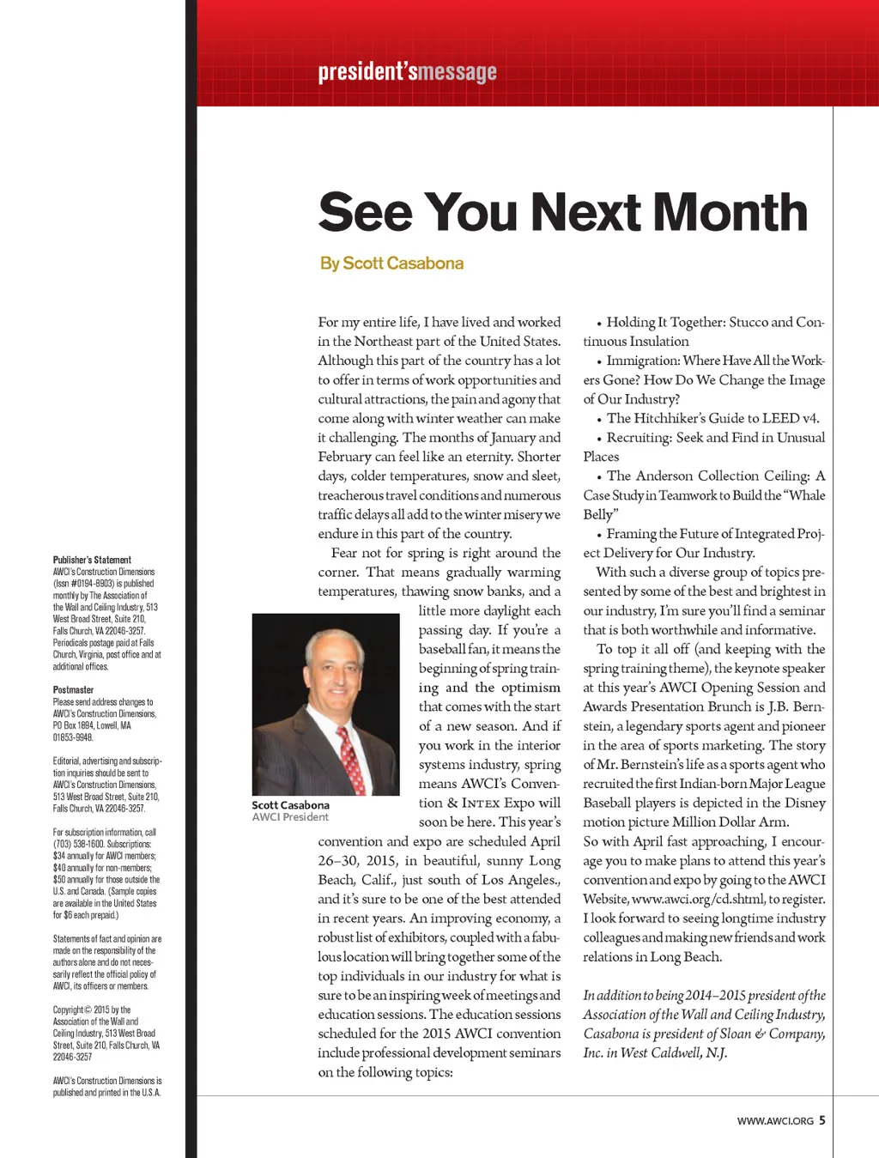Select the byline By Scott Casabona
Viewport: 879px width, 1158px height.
point(391,264)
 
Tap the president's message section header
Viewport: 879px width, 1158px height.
point(407,71)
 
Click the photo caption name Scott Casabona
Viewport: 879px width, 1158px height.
point(290,805)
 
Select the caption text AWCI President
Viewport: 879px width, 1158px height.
point(290,817)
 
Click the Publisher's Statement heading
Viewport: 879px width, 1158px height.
point(92,560)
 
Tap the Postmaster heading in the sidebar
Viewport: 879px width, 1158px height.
point(73,689)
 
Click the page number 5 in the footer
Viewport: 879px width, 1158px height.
point(821,1120)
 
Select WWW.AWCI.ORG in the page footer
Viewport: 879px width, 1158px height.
point(774,1121)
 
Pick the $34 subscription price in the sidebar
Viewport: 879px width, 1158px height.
point(59,856)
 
